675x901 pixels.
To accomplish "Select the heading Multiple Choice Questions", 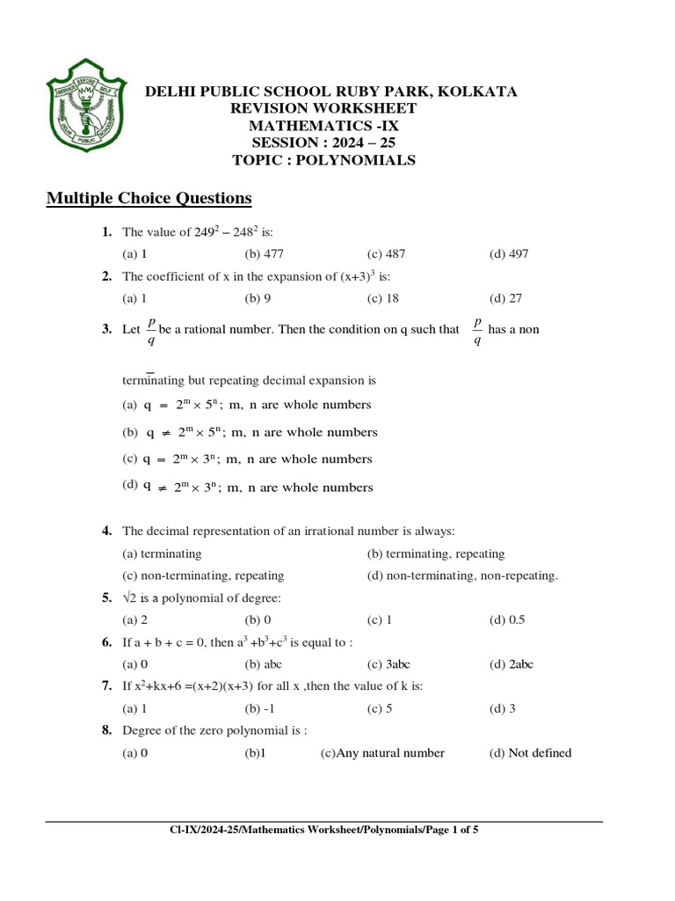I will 149,198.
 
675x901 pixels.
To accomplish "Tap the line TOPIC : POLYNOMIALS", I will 323,160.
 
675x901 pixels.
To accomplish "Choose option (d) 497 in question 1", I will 509,254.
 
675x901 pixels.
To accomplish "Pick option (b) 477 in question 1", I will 265,254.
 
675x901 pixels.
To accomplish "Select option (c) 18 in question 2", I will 383,298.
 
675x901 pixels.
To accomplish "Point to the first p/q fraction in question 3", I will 151,331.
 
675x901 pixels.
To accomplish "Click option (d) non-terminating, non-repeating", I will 462,575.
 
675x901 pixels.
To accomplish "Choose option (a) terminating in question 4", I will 162,554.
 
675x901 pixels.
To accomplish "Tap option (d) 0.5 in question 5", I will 507,619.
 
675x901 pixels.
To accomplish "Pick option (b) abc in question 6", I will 263,664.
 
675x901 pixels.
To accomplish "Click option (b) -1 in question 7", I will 259,708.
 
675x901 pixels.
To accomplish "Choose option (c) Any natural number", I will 382,753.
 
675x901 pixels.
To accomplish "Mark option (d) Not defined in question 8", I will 530,753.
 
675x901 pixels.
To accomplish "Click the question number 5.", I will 106,598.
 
